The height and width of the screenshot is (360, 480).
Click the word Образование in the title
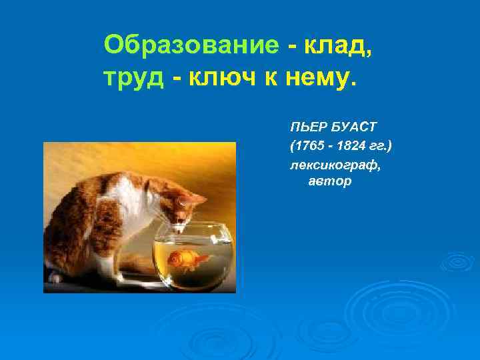point(191,45)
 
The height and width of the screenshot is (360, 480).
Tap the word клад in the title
point(337,45)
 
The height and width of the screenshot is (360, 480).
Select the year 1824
point(346,145)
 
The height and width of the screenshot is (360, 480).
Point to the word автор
point(329,181)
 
